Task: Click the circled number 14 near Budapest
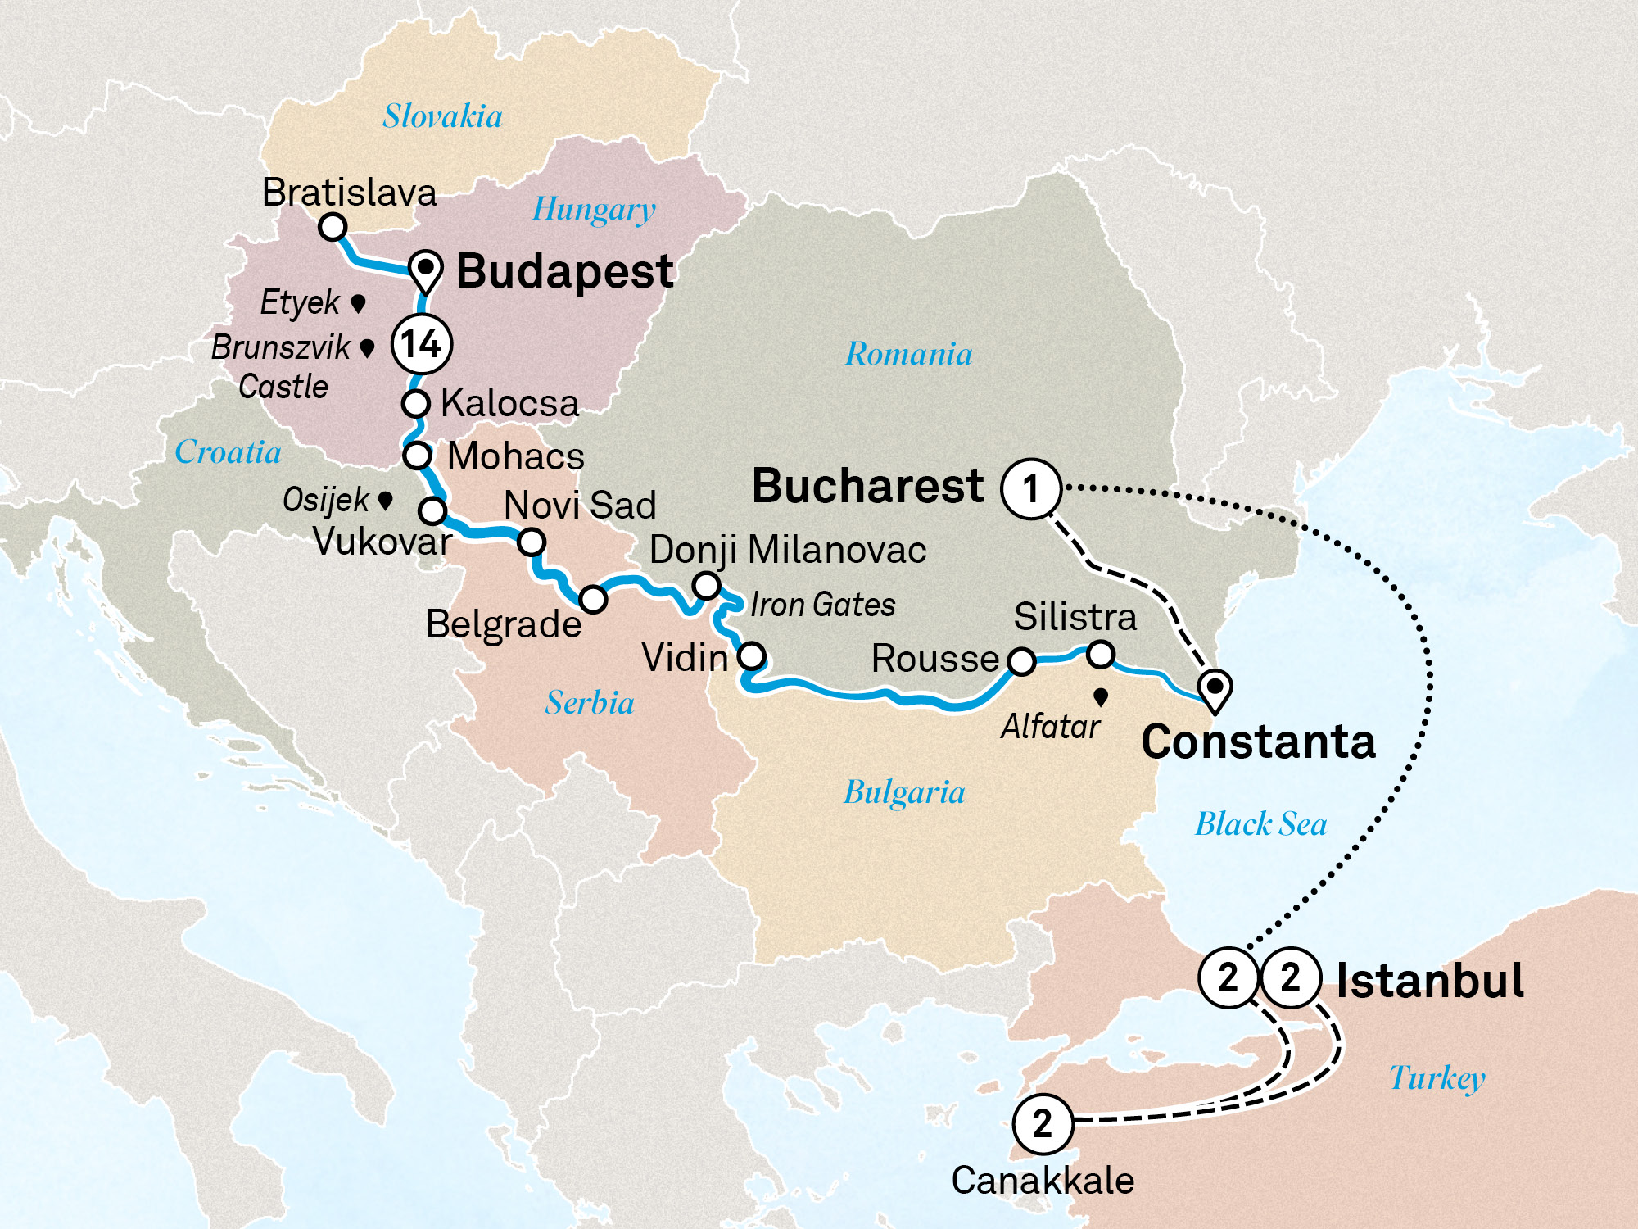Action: [x=422, y=344]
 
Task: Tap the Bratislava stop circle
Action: [x=333, y=226]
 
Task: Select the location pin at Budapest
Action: [x=426, y=270]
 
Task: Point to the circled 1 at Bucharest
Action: [x=1031, y=489]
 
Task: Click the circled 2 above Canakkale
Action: [x=1043, y=1123]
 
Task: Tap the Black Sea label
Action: [x=1260, y=824]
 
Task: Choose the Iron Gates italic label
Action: [x=822, y=605]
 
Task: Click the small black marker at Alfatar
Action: [x=1101, y=696]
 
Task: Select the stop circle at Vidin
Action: [x=751, y=656]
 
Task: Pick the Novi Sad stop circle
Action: [x=531, y=542]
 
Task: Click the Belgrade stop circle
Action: [x=593, y=599]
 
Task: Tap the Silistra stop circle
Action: [x=1101, y=654]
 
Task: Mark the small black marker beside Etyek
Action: [x=358, y=303]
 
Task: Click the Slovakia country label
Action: [x=442, y=116]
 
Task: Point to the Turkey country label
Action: [x=1437, y=1078]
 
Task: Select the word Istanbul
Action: [x=1430, y=981]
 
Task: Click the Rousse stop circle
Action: [x=1021, y=660]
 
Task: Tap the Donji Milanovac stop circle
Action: [x=706, y=586]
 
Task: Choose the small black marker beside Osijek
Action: [x=385, y=499]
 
